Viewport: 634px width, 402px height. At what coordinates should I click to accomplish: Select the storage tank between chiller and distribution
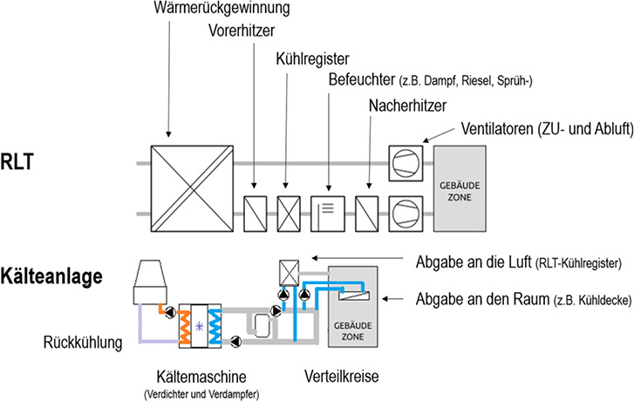point(260,324)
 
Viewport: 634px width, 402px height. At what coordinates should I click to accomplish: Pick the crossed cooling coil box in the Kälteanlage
point(289,272)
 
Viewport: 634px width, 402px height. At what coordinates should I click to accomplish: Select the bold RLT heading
point(28,162)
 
